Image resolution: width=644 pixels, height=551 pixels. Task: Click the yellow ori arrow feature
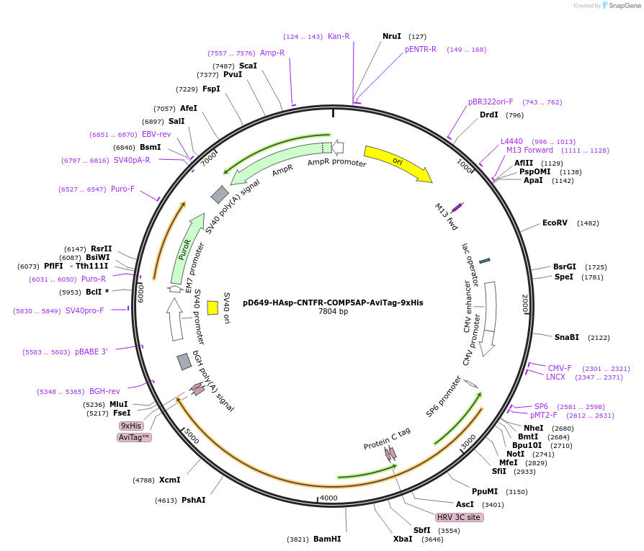coord(396,163)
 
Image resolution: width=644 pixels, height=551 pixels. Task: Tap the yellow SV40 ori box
coord(213,308)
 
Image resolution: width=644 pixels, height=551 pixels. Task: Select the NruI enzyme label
coord(392,36)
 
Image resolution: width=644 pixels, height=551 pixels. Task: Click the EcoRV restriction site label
coord(555,223)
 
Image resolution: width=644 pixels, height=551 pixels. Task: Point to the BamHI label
coord(327,539)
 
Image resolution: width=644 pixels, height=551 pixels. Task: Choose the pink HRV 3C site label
coord(459,517)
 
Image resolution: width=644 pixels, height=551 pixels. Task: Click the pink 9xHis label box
coord(131,426)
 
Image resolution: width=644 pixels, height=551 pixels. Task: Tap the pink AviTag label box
coord(134,437)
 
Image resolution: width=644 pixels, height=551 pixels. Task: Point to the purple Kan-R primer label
coord(339,36)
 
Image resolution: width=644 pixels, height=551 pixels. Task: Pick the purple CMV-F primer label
coord(560,368)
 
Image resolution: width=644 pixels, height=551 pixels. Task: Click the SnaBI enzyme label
coord(566,337)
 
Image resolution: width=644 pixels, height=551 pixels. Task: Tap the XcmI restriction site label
coord(169,480)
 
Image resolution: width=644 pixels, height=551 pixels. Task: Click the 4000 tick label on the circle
coord(328,498)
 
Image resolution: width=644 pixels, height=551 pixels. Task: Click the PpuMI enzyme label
coord(485,492)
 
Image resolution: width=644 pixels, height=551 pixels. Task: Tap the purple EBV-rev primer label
coord(156,134)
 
